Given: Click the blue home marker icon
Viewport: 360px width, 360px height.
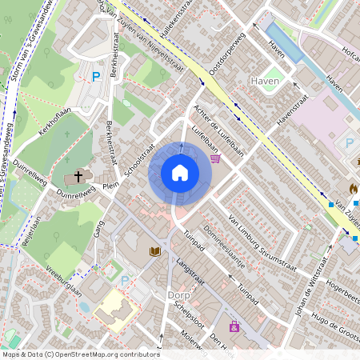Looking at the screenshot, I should (x=179, y=173).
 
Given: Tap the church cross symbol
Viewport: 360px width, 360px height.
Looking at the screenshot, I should (x=78, y=175).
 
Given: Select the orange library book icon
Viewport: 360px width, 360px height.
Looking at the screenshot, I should (x=154, y=252).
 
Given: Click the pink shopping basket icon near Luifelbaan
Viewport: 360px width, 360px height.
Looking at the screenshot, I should (x=214, y=158).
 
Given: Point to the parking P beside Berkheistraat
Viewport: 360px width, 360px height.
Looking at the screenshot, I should (x=96, y=77).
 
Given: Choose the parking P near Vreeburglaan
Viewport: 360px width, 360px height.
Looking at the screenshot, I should (x=124, y=281).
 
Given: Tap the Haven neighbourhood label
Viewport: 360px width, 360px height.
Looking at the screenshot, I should (x=264, y=82).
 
